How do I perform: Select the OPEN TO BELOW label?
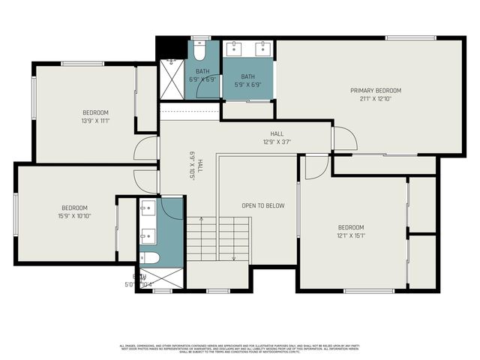point(262,205)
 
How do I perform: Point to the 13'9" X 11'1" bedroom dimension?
point(95,120)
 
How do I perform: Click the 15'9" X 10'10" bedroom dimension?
point(74,216)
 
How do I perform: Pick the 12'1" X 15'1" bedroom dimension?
point(350,235)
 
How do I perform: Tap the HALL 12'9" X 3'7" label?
point(276,137)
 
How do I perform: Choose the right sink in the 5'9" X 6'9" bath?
point(262,50)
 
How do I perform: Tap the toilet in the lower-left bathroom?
point(148,258)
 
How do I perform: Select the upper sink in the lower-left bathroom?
point(148,207)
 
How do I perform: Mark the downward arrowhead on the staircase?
point(233,259)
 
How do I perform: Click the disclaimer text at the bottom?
point(240,348)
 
